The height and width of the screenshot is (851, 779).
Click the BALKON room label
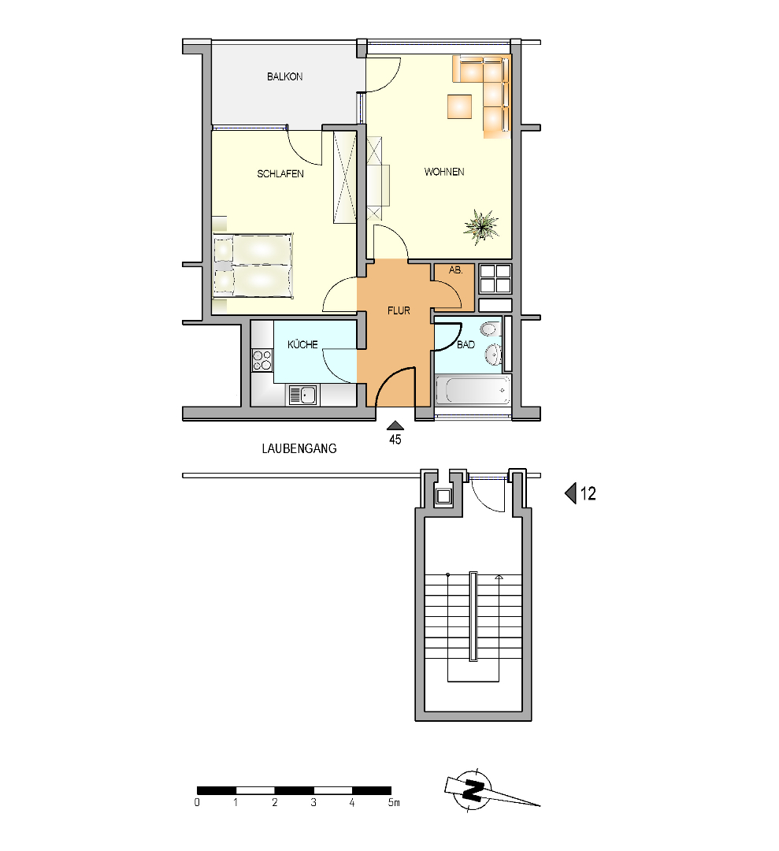point(284,76)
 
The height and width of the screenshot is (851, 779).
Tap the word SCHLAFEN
point(280,173)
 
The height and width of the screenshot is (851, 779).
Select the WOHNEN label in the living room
point(443,172)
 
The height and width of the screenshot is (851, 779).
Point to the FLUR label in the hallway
point(399,310)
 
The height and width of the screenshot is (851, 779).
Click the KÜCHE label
point(302,344)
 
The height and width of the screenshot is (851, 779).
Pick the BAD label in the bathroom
point(466,344)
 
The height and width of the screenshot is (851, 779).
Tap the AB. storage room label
point(456,269)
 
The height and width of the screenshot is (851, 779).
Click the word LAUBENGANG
point(299,448)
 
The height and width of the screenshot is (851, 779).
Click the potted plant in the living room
point(481,227)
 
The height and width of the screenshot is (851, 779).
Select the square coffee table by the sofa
point(459,106)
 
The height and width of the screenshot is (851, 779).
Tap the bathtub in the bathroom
point(473,390)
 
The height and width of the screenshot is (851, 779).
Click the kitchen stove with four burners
point(262,360)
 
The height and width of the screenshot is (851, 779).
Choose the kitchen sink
point(302,395)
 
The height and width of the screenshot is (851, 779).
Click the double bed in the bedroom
point(253,266)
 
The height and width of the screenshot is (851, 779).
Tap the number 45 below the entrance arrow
point(395,440)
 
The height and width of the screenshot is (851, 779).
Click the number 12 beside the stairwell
point(588,493)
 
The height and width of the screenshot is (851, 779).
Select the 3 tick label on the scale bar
point(313,802)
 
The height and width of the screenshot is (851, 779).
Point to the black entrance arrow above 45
point(395,425)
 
